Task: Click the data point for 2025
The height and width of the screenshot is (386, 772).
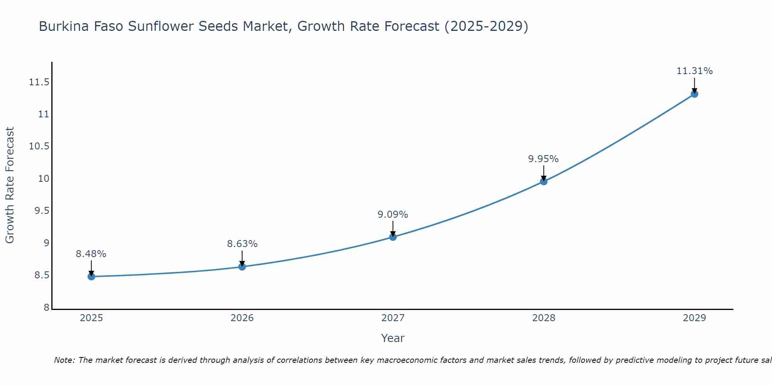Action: pyautogui.click(x=91, y=276)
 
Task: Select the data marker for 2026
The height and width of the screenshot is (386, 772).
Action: pyautogui.click(x=242, y=267)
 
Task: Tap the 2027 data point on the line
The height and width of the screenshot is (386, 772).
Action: pyautogui.click(x=393, y=237)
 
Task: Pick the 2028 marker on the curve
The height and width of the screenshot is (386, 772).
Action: pyautogui.click(x=543, y=181)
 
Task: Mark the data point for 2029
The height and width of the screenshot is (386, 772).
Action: pyautogui.click(x=694, y=94)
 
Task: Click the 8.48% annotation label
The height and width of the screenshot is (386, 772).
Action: pyautogui.click(x=91, y=254)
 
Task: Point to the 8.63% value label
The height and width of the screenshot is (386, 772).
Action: pyautogui.click(x=242, y=244)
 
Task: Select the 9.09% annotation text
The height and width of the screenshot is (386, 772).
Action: pyautogui.click(x=393, y=215)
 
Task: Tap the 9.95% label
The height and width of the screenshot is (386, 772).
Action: pyautogui.click(x=543, y=159)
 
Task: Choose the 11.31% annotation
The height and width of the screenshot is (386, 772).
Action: pyautogui.click(x=694, y=71)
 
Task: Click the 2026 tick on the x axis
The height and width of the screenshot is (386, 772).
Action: pyautogui.click(x=242, y=318)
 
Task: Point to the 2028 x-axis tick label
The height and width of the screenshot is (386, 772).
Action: pyautogui.click(x=543, y=318)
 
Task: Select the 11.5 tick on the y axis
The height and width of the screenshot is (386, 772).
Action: pyautogui.click(x=39, y=82)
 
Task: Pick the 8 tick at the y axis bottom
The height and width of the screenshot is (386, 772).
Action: pyautogui.click(x=46, y=308)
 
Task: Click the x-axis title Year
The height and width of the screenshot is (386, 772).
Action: pyautogui.click(x=393, y=338)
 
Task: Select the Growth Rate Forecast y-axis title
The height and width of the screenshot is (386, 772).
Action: pyautogui.click(x=10, y=185)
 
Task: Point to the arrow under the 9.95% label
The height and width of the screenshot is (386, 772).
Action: pyautogui.click(x=543, y=173)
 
